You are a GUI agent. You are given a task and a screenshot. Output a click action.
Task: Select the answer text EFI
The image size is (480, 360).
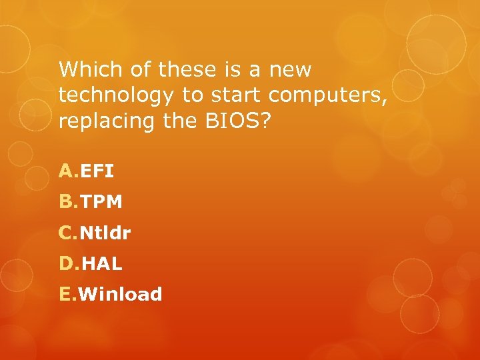(97, 172)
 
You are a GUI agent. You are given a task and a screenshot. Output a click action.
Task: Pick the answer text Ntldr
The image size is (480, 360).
(106, 233)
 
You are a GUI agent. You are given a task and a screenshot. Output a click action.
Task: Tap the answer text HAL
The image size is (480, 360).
(102, 264)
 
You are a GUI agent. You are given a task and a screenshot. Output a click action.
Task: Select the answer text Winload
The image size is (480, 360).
(121, 295)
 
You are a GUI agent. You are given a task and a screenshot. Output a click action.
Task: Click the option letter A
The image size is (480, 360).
(67, 172)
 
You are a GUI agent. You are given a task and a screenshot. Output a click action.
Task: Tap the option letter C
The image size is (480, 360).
(67, 233)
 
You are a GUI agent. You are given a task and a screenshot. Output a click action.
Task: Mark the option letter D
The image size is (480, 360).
(68, 264)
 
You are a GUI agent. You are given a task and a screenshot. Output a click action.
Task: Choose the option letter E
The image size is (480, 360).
(67, 295)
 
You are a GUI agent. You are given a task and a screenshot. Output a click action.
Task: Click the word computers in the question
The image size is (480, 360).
(325, 97)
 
